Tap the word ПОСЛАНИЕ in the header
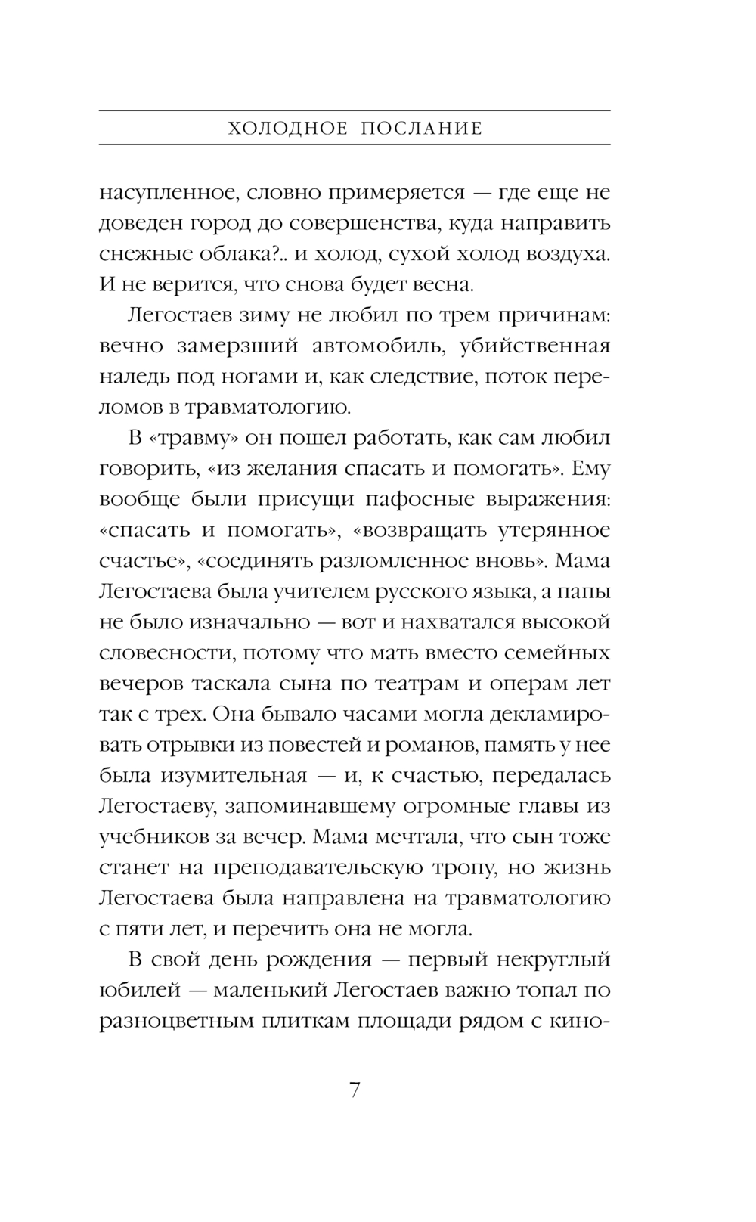point(421,129)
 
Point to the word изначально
point(250,622)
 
